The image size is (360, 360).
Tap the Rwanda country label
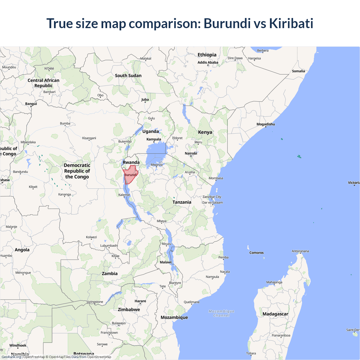tap(131, 162)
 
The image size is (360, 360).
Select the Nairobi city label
tap(191, 153)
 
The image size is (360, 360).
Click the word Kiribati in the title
tap(291, 23)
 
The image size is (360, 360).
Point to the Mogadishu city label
tap(266, 124)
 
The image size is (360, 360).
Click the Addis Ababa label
tap(208, 62)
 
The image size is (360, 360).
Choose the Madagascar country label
tap(275, 314)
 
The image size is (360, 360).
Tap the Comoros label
tap(256, 253)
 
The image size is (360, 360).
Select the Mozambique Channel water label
tap(222, 313)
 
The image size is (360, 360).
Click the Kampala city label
tap(154, 139)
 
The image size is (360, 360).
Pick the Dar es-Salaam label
tap(213, 202)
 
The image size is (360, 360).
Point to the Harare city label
tap(140, 301)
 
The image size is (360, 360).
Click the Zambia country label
tap(110, 273)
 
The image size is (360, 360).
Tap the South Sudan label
tap(128, 75)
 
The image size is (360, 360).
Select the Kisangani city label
tap(89, 138)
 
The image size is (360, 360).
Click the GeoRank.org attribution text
tap(11, 357)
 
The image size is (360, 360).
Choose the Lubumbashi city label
tap(109, 246)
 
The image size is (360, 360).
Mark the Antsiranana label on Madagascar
tap(300, 251)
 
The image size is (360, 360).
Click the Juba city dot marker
tap(145, 102)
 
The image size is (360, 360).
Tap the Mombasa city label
tap(216, 178)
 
